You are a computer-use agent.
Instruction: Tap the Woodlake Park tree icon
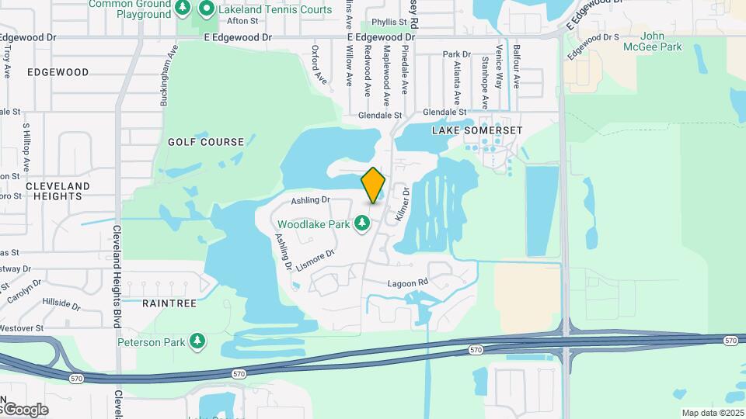click(361, 224)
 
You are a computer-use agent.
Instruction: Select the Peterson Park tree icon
click(198, 341)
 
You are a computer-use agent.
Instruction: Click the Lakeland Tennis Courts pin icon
click(207, 9)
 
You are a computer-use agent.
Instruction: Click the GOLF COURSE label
click(206, 142)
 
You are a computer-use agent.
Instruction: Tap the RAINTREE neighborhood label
click(169, 303)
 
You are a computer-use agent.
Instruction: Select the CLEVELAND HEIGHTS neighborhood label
click(58, 191)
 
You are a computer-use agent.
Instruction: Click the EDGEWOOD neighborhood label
click(58, 72)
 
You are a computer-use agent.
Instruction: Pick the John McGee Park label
click(652, 42)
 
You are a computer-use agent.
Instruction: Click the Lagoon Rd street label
click(408, 283)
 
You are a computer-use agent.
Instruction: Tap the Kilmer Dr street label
click(402, 204)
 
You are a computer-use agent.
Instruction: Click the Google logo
click(25, 410)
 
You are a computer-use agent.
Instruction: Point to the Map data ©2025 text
click(712, 413)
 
